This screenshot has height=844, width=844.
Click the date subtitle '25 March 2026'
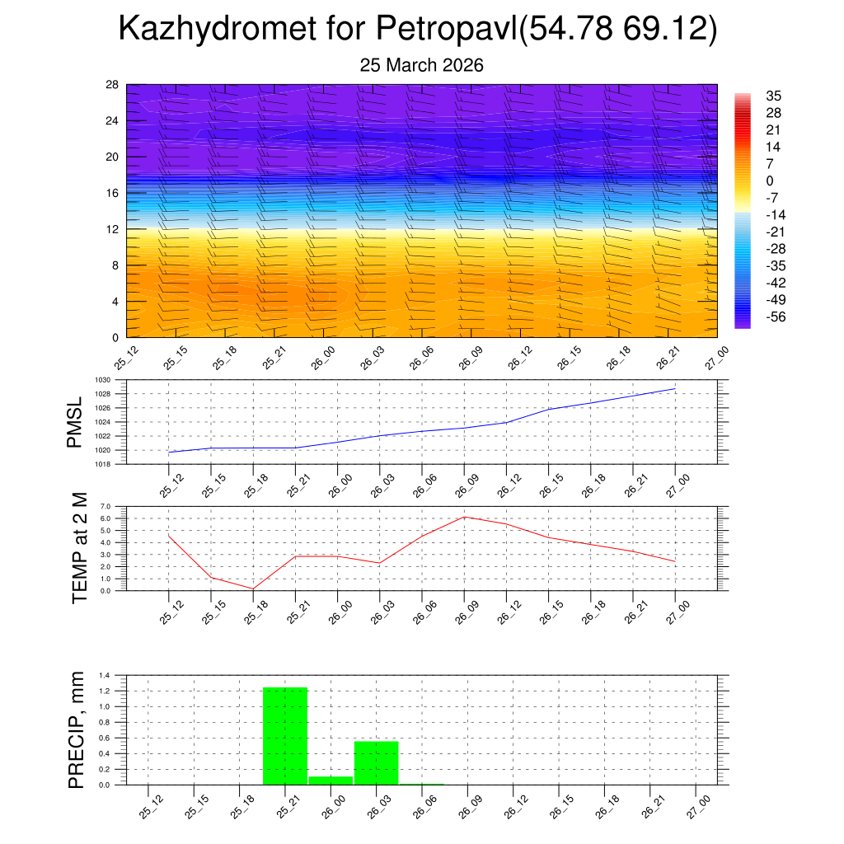[x=421, y=65]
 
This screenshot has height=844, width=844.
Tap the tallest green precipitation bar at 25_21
[x=285, y=736]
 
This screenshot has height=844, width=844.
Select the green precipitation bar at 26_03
[x=377, y=762]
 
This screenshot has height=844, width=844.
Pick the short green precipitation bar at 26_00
[x=331, y=780]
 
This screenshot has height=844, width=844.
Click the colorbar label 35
[x=773, y=96]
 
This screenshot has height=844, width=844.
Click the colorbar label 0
[x=770, y=181]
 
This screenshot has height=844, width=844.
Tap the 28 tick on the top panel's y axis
[x=112, y=85]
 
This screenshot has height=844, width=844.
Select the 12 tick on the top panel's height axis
[x=112, y=229]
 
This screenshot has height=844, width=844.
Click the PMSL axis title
[x=76, y=422]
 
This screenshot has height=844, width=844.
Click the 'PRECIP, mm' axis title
[x=76, y=729]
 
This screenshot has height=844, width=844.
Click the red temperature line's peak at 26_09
[x=464, y=517]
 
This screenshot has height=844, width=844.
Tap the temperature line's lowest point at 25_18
[x=253, y=588]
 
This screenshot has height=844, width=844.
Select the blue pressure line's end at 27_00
[x=675, y=388]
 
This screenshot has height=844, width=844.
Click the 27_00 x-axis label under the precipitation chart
[x=696, y=806]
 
